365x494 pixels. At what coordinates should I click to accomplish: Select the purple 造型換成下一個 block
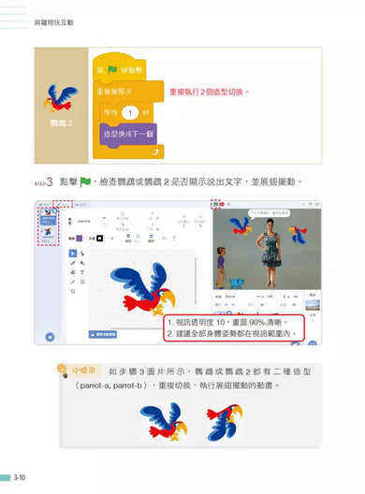click(x=128, y=133)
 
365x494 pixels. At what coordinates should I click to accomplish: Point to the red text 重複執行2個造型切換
click(x=209, y=93)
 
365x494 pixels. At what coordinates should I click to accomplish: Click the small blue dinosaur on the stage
click(x=240, y=282)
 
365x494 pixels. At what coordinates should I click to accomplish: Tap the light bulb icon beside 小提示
click(x=63, y=370)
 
